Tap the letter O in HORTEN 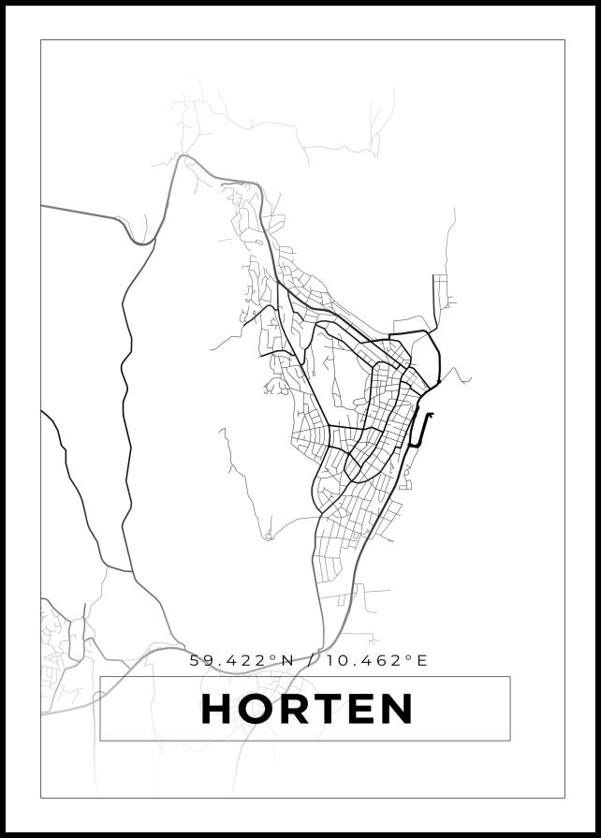(259, 709)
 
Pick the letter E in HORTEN (366, 709)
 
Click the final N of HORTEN (399, 709)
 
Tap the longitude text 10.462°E (377, 660)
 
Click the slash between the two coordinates (311, 660)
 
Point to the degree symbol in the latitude (274, 656)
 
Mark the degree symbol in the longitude (408, 656)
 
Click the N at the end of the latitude (287, 660)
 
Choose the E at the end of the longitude (421, 660)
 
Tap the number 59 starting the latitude (200, 660)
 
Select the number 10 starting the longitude (336, 660)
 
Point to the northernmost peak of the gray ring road (184, 156)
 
